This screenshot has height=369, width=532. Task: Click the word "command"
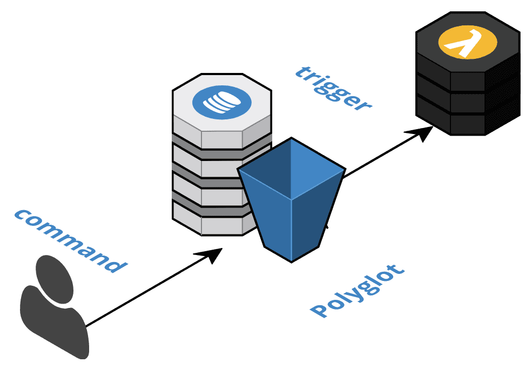tap(70, 240)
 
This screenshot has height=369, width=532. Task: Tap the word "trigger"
tap(333, 88)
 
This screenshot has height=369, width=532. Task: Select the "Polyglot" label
tap(357, 290)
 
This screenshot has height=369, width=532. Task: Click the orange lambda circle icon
tap(467, 44)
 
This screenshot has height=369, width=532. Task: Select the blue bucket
tap(292, 205)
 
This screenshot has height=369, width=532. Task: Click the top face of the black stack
tap(467, 41)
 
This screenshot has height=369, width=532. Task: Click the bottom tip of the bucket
tap(292, 260)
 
